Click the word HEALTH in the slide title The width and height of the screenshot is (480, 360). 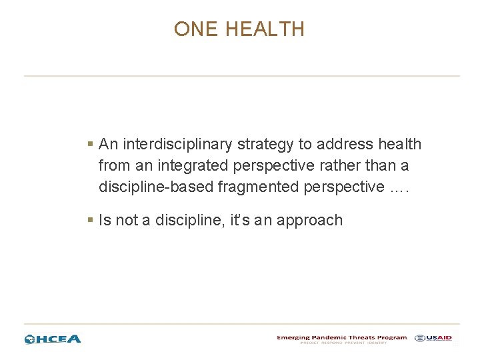point(265,29)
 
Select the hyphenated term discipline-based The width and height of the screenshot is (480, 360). point(156,187)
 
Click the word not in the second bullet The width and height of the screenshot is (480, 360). point(127,220)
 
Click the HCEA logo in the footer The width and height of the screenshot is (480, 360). point(53,339)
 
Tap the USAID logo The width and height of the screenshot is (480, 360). point(433,338)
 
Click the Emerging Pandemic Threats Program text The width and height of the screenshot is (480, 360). point(341,337)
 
